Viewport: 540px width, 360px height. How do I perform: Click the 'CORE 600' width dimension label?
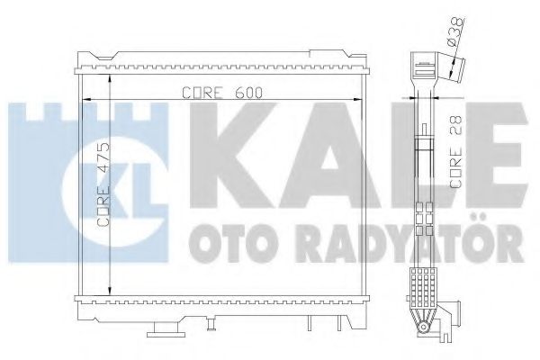click(213, 91)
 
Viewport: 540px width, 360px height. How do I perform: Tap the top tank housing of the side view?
click(422, 68)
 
